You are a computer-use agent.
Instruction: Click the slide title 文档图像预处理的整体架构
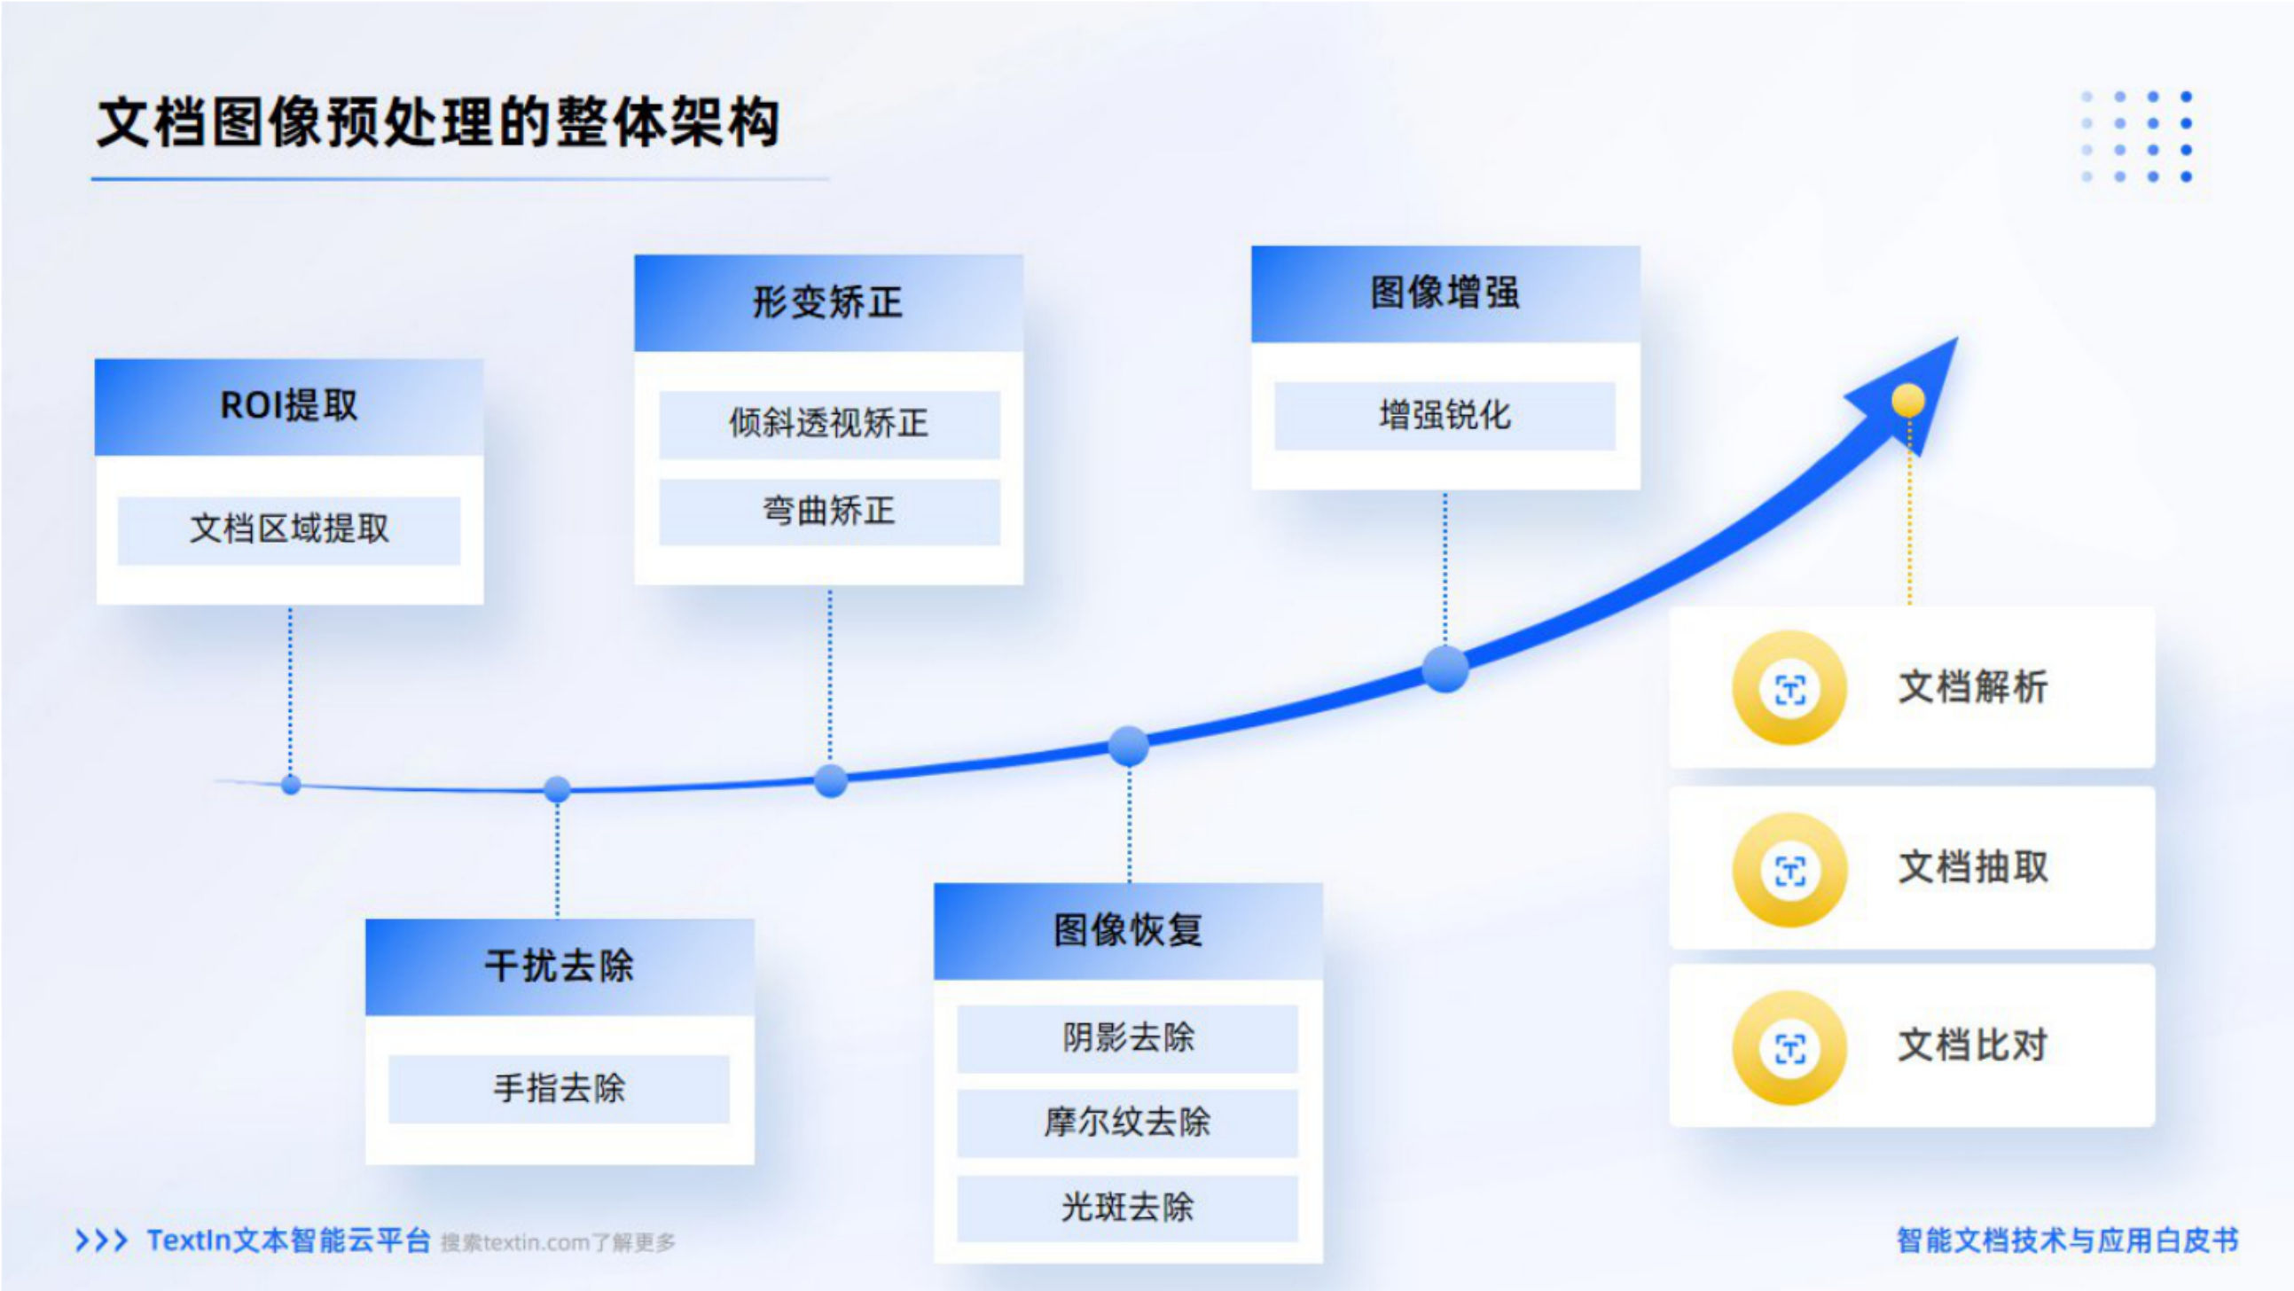point(438,122)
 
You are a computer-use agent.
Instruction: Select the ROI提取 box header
point(288,407)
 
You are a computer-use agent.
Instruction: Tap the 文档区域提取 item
point(288,529)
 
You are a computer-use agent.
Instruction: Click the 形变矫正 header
point(828,302)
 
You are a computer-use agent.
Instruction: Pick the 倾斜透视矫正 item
point(828,424)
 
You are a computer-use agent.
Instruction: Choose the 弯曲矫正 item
point(828,512)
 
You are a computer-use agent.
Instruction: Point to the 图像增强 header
point(1445,293)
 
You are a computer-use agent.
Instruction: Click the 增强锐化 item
point(1445,416)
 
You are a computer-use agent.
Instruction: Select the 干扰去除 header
point(560,966)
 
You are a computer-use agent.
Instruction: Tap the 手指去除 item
point(560,1089)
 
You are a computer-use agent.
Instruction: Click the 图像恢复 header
point(1127,931)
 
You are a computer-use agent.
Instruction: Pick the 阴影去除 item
point(1127,1038)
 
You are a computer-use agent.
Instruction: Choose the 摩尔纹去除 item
point(1127,1123)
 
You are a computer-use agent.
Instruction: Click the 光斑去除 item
point(1127,1209)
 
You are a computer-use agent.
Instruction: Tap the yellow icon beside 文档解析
point(1789,688)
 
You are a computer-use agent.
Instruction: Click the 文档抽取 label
point(1973,867)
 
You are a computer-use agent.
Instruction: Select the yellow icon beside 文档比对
point(1789,1048)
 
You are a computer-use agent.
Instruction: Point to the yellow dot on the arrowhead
point(1907,401)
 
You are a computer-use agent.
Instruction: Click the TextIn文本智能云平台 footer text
point(288,1240)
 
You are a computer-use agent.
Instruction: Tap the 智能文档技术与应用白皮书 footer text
point(2067,1240)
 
